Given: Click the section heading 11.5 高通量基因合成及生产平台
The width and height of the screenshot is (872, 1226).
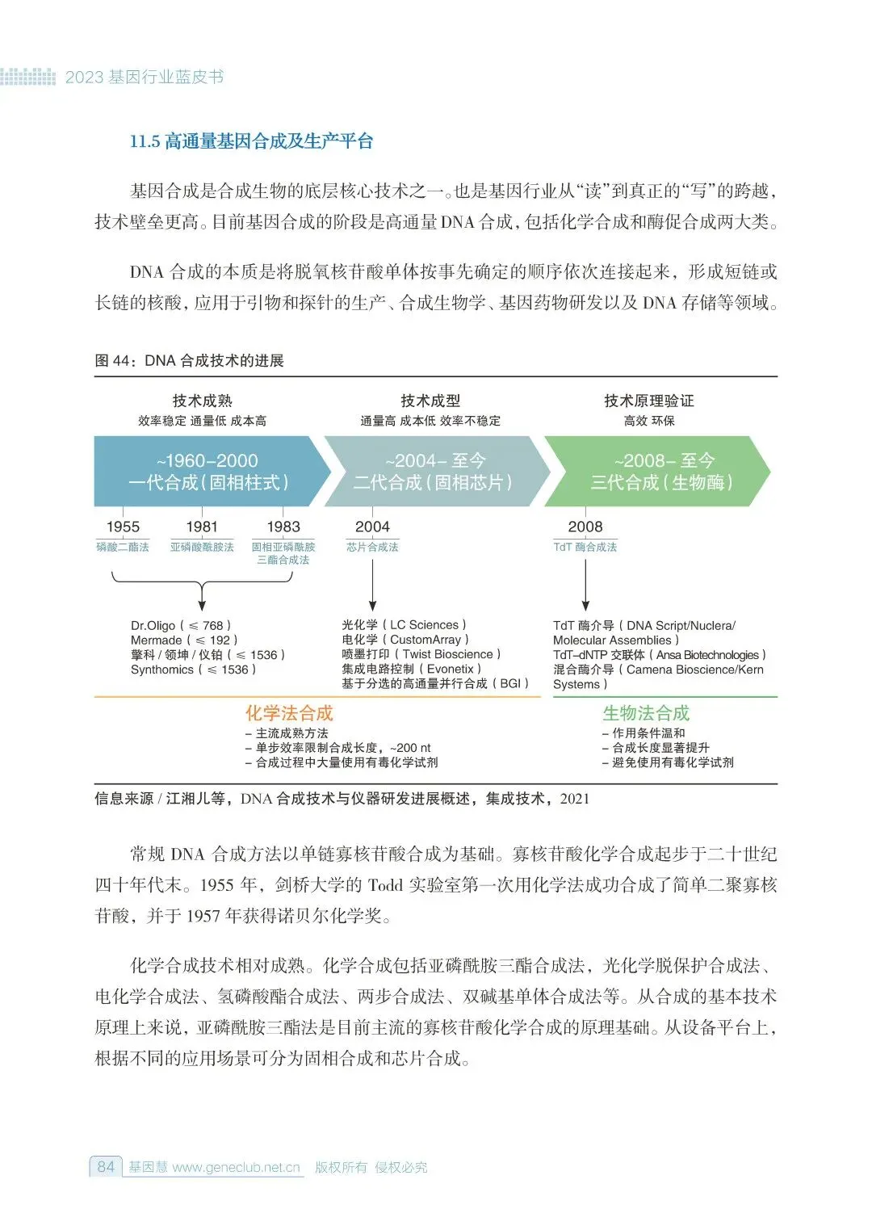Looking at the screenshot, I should point(251,141).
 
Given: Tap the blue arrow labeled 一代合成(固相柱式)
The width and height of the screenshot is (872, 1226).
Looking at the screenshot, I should point(208,472).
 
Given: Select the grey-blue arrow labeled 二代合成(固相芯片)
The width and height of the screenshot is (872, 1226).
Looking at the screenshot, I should point(434,472).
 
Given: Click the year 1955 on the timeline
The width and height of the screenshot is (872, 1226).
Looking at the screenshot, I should point(123,527).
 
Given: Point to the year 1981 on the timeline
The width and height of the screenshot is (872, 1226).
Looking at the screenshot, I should point(202,527).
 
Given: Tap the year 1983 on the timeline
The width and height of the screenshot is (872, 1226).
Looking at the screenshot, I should point(283,527).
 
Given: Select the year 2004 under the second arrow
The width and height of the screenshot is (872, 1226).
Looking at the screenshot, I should point(372,527).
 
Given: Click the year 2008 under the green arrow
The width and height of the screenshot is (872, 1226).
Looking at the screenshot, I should point(585,527).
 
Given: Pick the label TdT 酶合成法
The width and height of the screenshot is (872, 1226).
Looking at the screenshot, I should point(585,548).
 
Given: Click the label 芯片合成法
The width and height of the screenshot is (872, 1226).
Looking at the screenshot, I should point(372,548).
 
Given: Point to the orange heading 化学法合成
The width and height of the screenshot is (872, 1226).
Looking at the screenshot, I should point(289,713).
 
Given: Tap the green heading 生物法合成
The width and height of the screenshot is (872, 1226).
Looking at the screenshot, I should point(646,713).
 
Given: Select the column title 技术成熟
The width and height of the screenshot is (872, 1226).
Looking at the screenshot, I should point(202,401).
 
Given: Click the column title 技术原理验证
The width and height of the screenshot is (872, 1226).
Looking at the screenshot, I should point(649,401).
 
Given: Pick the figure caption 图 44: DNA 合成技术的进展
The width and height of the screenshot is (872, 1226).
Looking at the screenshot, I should point(190,360).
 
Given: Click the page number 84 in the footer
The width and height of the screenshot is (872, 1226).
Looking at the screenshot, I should point(106,1167).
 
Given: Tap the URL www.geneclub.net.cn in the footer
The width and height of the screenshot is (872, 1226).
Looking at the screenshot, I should point(236,1167).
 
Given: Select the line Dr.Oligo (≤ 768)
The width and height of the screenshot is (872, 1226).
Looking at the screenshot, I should point(181,625).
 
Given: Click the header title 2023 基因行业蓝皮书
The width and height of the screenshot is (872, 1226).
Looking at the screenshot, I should point(145,78).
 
